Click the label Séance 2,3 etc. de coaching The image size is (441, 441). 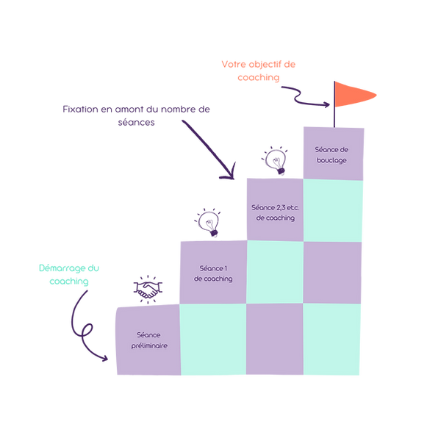273,212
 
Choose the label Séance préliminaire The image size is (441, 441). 147,340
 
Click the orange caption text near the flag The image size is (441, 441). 259,71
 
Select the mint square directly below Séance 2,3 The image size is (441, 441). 273,272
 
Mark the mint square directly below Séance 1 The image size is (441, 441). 212,340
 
